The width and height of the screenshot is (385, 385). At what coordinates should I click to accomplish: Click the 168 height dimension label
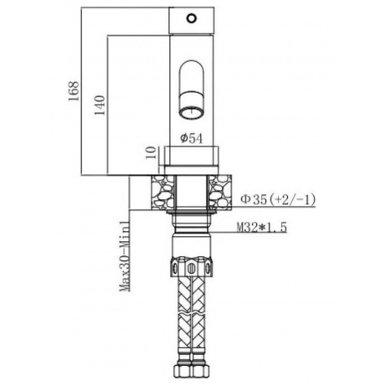[74, 91]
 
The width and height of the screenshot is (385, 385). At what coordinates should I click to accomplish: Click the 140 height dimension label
[100, 105]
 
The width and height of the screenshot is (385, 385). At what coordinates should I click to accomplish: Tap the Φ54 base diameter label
[192, 139]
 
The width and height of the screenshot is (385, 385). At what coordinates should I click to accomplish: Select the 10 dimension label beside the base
[151, 153]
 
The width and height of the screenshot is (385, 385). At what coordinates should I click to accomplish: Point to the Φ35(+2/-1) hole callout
[278, 200]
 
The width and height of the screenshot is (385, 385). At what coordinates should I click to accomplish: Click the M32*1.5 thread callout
[262, 228]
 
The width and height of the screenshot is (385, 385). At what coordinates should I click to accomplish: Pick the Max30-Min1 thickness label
[125, 255]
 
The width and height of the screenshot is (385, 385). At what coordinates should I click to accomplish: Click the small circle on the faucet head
[192, 18]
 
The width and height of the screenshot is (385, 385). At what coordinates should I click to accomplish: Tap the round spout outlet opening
[192, 113]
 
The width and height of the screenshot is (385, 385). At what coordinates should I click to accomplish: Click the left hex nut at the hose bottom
[182, 370]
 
